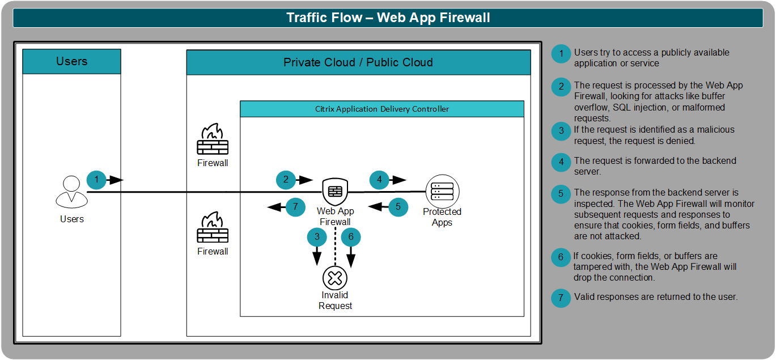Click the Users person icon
click(71, 192)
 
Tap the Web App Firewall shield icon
click(334, 192)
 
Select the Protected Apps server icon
click(442, 192)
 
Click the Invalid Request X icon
click(334, 278)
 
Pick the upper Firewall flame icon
click(213, 139)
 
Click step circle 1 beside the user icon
click(96, 180)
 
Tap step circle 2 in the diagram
click(286, 180)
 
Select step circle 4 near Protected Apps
click(379, 180)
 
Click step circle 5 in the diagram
click(398, 207)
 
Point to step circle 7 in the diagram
click(295, 207)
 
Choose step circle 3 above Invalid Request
click(317, 236)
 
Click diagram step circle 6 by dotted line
click(351, 236)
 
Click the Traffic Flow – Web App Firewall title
click(388, 18)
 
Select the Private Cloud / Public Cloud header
click(358, 62)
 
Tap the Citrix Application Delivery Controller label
click(381, 109)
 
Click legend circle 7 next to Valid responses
click(561, 298)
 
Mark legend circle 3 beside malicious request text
click(561, 131)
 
